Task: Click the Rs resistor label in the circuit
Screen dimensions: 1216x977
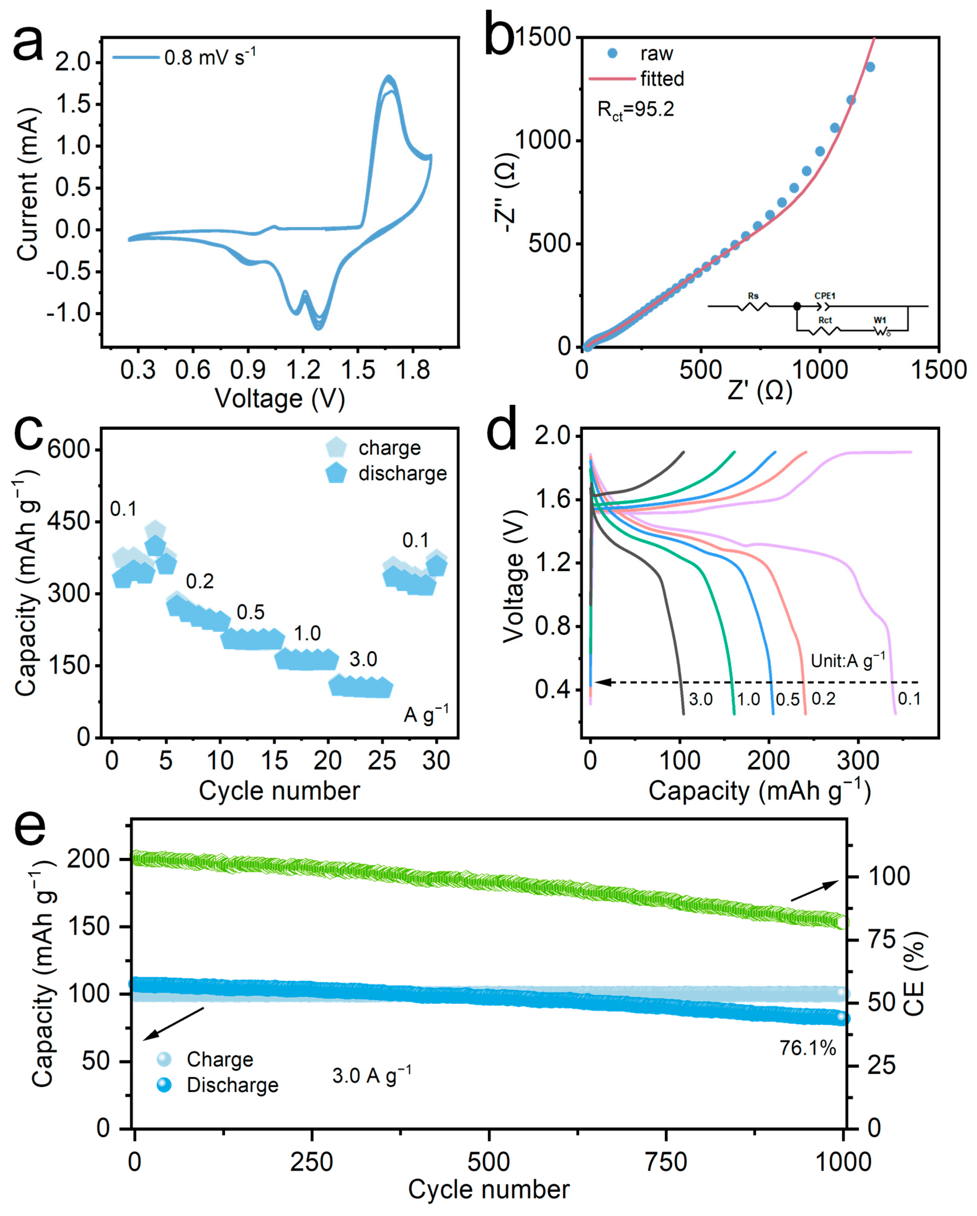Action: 753,296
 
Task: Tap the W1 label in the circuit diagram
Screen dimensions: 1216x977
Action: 880,320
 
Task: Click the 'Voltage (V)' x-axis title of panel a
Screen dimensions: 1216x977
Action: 280,399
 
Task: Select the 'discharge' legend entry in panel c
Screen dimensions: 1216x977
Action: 402,473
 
